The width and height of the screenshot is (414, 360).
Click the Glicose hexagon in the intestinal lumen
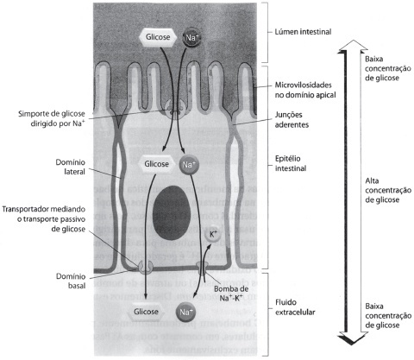157,37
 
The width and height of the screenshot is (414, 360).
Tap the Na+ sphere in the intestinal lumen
191,37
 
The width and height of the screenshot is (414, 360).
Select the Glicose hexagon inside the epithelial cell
156,164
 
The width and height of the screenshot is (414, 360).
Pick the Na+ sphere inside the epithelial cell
188,165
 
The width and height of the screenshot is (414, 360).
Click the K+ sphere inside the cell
213,234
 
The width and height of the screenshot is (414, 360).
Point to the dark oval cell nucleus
171,212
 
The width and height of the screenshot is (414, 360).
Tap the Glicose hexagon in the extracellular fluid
146,312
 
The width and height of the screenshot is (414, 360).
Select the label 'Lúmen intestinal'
303,32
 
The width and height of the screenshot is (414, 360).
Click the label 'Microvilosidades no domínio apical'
305,90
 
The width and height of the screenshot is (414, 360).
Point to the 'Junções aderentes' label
292,119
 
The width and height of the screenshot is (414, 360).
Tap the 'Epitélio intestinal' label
291,163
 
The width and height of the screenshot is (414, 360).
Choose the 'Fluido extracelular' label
295,307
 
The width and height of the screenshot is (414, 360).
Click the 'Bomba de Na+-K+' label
231,294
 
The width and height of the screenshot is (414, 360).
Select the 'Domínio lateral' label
70,167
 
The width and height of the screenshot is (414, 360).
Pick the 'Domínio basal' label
71,281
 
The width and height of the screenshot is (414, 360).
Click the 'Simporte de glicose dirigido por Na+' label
52,118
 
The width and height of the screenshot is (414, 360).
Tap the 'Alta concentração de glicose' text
388,190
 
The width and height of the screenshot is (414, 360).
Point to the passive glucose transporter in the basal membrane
146,267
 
